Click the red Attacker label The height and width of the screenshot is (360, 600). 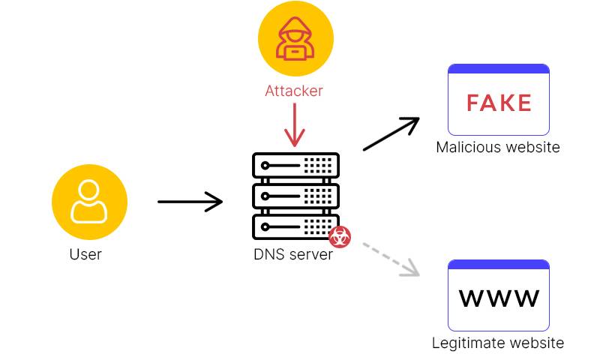tap(294, 91)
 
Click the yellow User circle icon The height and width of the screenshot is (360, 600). tap(89, 202)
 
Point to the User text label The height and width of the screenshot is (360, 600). tap(85, 254)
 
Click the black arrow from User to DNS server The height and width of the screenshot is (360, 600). tap(190, 202)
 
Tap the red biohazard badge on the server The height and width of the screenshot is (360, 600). tap(340, 237)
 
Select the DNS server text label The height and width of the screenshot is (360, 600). tap(292, 254)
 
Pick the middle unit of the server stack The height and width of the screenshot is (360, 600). tap(295, 196)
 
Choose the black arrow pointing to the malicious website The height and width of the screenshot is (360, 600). tap(391, 134)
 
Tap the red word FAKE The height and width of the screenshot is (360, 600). tap(499, 103)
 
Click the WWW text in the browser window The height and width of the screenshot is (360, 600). tap(499, 298)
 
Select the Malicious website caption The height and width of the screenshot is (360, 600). tap(498, 147)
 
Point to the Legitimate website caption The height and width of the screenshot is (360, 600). tap(498, 343)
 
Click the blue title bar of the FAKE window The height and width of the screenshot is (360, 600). tap(499, 69)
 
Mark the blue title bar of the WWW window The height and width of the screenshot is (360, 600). tap(499, 265)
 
